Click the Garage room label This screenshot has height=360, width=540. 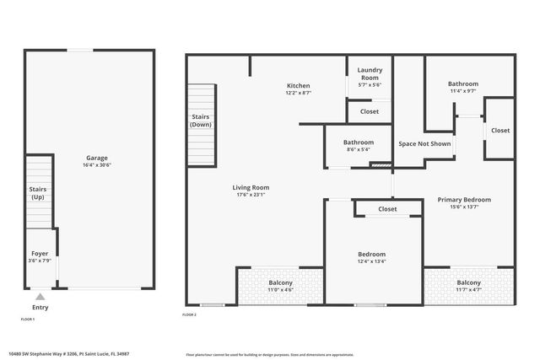click(96, 158)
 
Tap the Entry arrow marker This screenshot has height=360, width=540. click(40, 297)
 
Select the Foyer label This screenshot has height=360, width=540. click(40, 253)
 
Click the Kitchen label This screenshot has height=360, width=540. click(298, 85)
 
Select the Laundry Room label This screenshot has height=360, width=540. click(370, 73)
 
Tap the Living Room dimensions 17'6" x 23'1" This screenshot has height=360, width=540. click(251, 195)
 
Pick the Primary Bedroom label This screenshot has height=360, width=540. click(463, 199)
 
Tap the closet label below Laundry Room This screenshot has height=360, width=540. click(370, 111)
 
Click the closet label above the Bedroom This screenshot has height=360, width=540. click(387, 208)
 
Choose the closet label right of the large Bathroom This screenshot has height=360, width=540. click(500, 130)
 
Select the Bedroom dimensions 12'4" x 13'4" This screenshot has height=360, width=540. click(371, 261)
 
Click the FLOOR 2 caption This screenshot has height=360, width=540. click(189, 315)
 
